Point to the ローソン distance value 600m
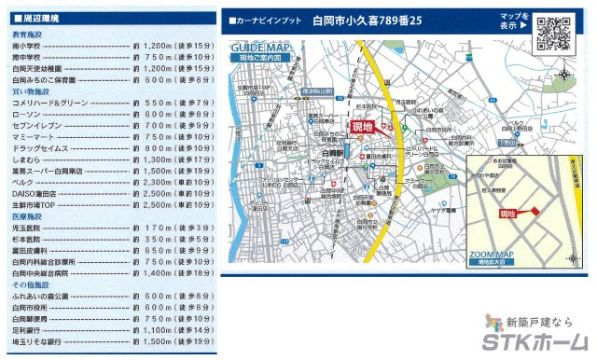155,114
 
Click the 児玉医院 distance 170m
155,228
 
